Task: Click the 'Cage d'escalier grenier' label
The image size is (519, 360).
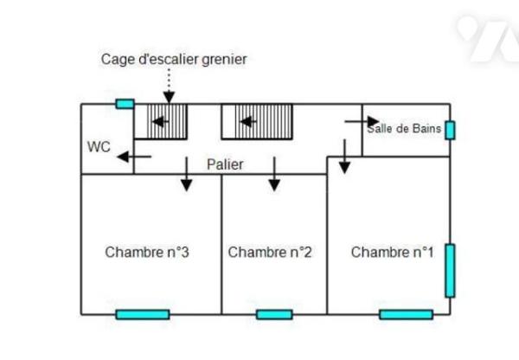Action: tap(174, 59)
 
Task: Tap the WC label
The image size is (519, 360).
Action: tap(98, 146)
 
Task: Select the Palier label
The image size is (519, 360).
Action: tap(225, 164)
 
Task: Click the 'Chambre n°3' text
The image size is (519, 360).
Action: tap(147, 253)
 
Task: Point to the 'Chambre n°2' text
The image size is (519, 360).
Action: tap(270, 253)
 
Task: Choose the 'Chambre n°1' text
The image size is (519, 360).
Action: tap(393, 253)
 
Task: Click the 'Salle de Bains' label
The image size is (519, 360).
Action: tap(405, 129)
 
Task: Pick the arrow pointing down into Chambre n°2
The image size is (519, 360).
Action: tap(274, 175)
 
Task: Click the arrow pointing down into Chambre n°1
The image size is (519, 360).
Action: tap(344, 157)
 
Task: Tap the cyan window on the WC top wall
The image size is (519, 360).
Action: tap(125, 104)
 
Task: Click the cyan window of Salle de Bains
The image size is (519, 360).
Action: tap(450, 130)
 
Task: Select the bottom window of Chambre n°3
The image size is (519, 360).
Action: tap(143, 314)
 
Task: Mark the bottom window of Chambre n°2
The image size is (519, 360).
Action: tap(274, 314)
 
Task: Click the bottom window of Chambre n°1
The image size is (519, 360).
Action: tap(406, 314)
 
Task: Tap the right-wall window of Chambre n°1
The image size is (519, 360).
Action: tap(450, 271)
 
